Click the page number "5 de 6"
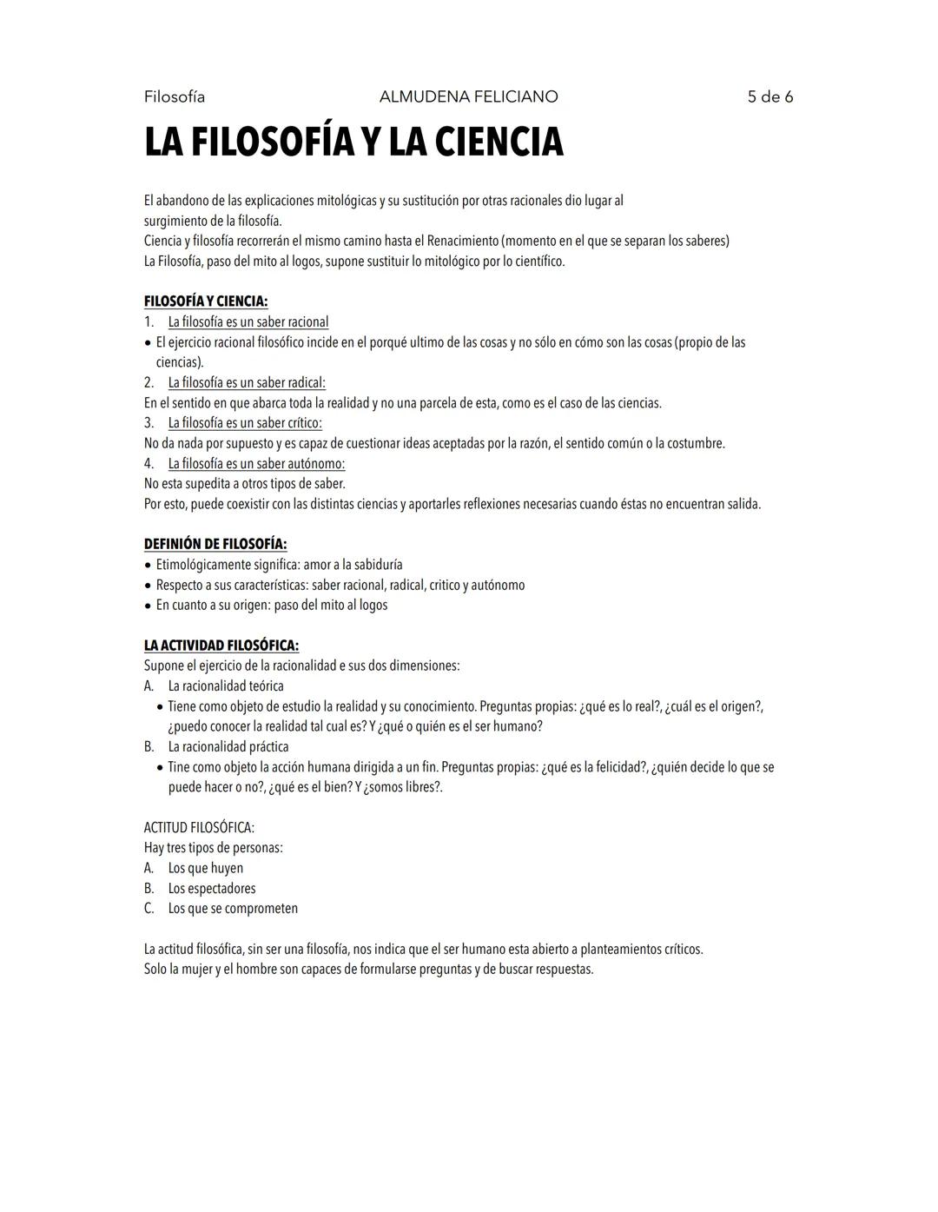pos(770,96)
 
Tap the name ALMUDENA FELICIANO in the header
pos(468,96)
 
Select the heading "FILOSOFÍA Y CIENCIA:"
pos(206,301)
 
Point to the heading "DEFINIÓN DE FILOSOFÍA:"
pos(215,544)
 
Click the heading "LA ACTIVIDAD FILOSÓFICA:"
pos(221,646)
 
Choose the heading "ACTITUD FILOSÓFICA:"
pos(199,827)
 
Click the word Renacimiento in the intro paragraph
pos(461,241)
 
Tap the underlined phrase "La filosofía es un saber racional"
pos(248,321)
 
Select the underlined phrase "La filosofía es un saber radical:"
pos(247,382)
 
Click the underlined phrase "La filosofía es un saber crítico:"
pos(245,423)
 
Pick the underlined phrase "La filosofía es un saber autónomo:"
pos(256,463)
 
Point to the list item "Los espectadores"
pos(212,888)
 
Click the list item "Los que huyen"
pos(206,868)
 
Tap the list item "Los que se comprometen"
pos(233,908)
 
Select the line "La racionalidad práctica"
pos(228,746)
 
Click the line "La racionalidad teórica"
pos(226,685)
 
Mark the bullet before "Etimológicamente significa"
pos(149,565)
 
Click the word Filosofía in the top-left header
pos(175,96)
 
